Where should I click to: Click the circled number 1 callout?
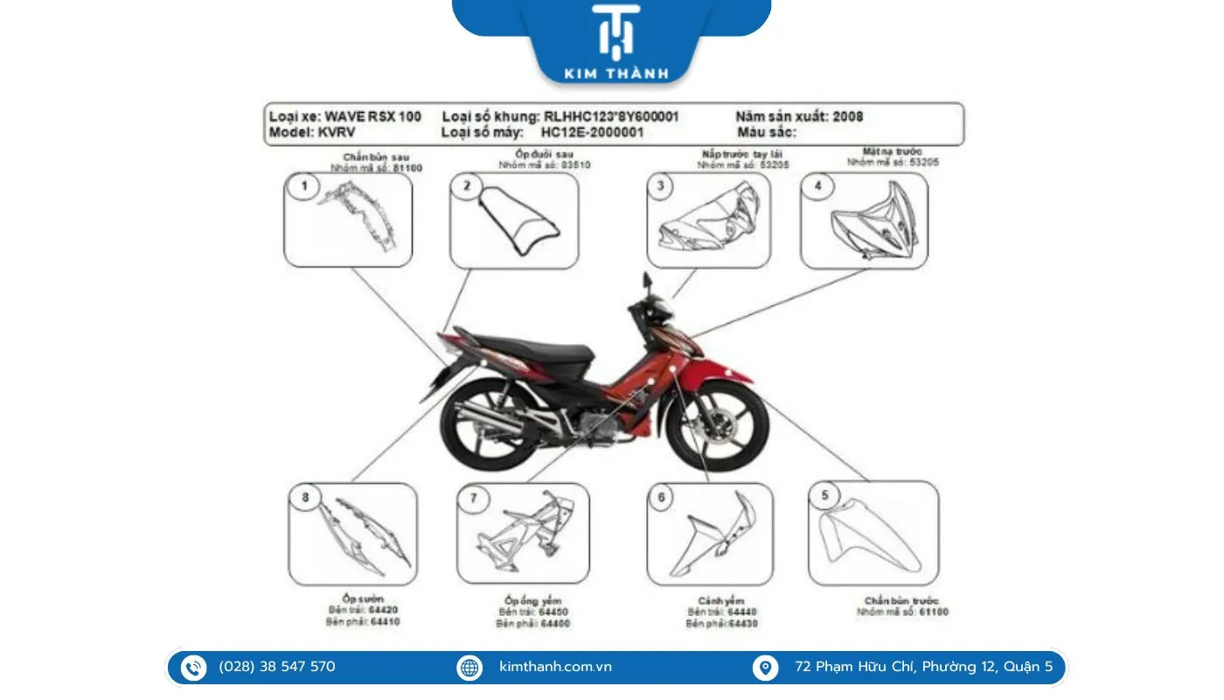[x=304, y=186]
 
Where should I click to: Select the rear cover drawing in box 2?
[x=515, y=222]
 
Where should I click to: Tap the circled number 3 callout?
[x=661, y=185]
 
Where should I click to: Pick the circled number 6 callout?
[x=661, y=498]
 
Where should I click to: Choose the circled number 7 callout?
[x=474, y=498]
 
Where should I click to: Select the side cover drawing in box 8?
[x=363, y=535]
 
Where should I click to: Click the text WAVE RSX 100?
[x=372, y=116]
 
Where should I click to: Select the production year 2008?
[x=848, y=116]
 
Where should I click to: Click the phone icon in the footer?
[x=193, y=668]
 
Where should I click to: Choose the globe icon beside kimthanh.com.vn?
[x=469, y=668]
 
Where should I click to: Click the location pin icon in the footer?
[x=765, y=668]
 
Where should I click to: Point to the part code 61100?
[x=932, y=612]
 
